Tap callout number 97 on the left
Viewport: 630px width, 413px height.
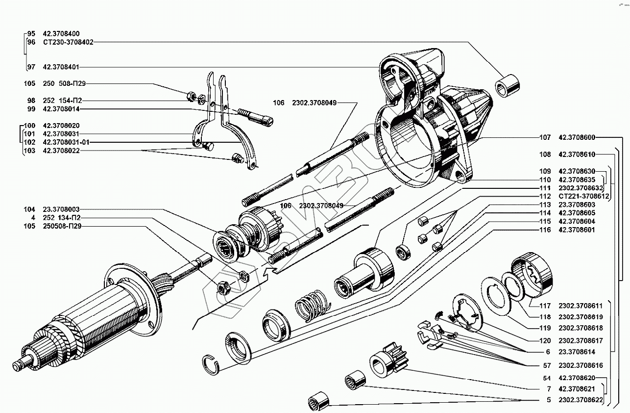pos(31,67)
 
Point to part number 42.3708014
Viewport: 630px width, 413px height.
pos(61,109)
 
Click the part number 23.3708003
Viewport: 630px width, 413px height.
pos(61,209)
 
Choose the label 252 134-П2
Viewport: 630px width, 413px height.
pos(61,218)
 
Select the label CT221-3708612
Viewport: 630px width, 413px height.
pos(583,196)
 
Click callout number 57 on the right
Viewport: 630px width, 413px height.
pos(547,365)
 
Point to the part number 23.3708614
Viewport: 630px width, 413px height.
pos(577,352)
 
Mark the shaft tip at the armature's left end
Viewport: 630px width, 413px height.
pos(19,365)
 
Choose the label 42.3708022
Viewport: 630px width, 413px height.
pos(61,151)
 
